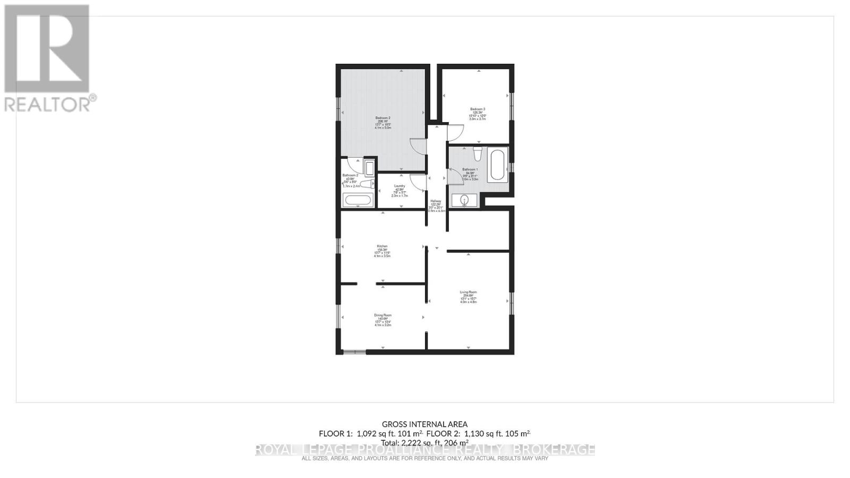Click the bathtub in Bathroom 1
point(498,165)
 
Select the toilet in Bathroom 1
point(477,155)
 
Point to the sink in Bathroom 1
point(464,200)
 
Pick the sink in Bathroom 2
point(370,167)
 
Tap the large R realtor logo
point(47,49)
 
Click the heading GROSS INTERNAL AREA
point(425,424)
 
